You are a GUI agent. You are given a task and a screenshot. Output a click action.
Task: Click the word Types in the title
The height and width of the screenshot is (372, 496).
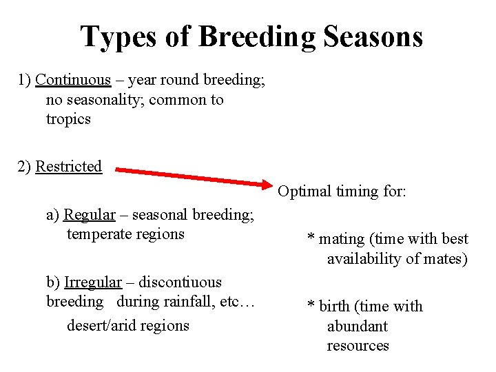coord(119,37)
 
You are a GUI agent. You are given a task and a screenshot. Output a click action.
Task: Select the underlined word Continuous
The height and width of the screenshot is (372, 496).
coord(73,80)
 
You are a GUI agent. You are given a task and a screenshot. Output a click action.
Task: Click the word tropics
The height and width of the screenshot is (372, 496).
coord(68,119)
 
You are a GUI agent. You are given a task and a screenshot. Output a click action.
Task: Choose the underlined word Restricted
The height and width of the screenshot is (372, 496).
coord(69,167)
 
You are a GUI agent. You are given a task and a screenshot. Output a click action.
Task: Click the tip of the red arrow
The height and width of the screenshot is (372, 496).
coord(273,184)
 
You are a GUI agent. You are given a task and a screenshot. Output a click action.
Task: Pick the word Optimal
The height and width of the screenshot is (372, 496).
coord(304,192)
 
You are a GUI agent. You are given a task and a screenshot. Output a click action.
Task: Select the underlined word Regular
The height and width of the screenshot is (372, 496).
coord(90,215)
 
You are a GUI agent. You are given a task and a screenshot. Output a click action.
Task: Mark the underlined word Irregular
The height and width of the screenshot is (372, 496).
coord(93,282)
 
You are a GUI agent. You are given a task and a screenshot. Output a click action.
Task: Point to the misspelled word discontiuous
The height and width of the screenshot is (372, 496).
coord(180,282)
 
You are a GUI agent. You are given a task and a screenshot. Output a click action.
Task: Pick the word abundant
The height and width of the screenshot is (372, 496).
coord(357,327)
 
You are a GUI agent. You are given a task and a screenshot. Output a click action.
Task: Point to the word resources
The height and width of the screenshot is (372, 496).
coord(358,346)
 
